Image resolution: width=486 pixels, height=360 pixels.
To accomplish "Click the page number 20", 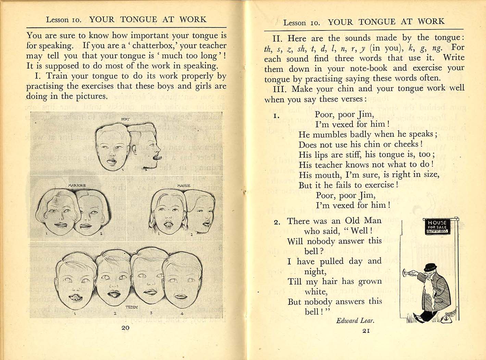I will pos(125,328).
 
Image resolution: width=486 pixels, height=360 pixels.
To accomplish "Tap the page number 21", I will pos(366,331).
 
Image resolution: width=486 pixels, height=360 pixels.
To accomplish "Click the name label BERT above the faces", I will pos(125,119).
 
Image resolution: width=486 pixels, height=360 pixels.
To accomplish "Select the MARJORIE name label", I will pos(77,185).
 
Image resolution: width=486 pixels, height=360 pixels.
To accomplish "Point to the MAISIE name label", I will pos(184,185).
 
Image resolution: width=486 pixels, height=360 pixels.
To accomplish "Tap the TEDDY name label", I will pos(132,307).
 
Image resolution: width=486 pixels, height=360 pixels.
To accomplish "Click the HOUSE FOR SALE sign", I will pos(437,227).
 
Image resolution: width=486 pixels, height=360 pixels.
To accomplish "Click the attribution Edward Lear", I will pos(355,321).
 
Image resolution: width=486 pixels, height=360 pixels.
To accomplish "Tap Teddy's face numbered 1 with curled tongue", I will pos(75,281).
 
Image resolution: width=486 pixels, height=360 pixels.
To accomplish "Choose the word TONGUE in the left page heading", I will pos(138,20).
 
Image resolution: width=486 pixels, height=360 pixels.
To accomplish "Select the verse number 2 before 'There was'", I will pos(277,222).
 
